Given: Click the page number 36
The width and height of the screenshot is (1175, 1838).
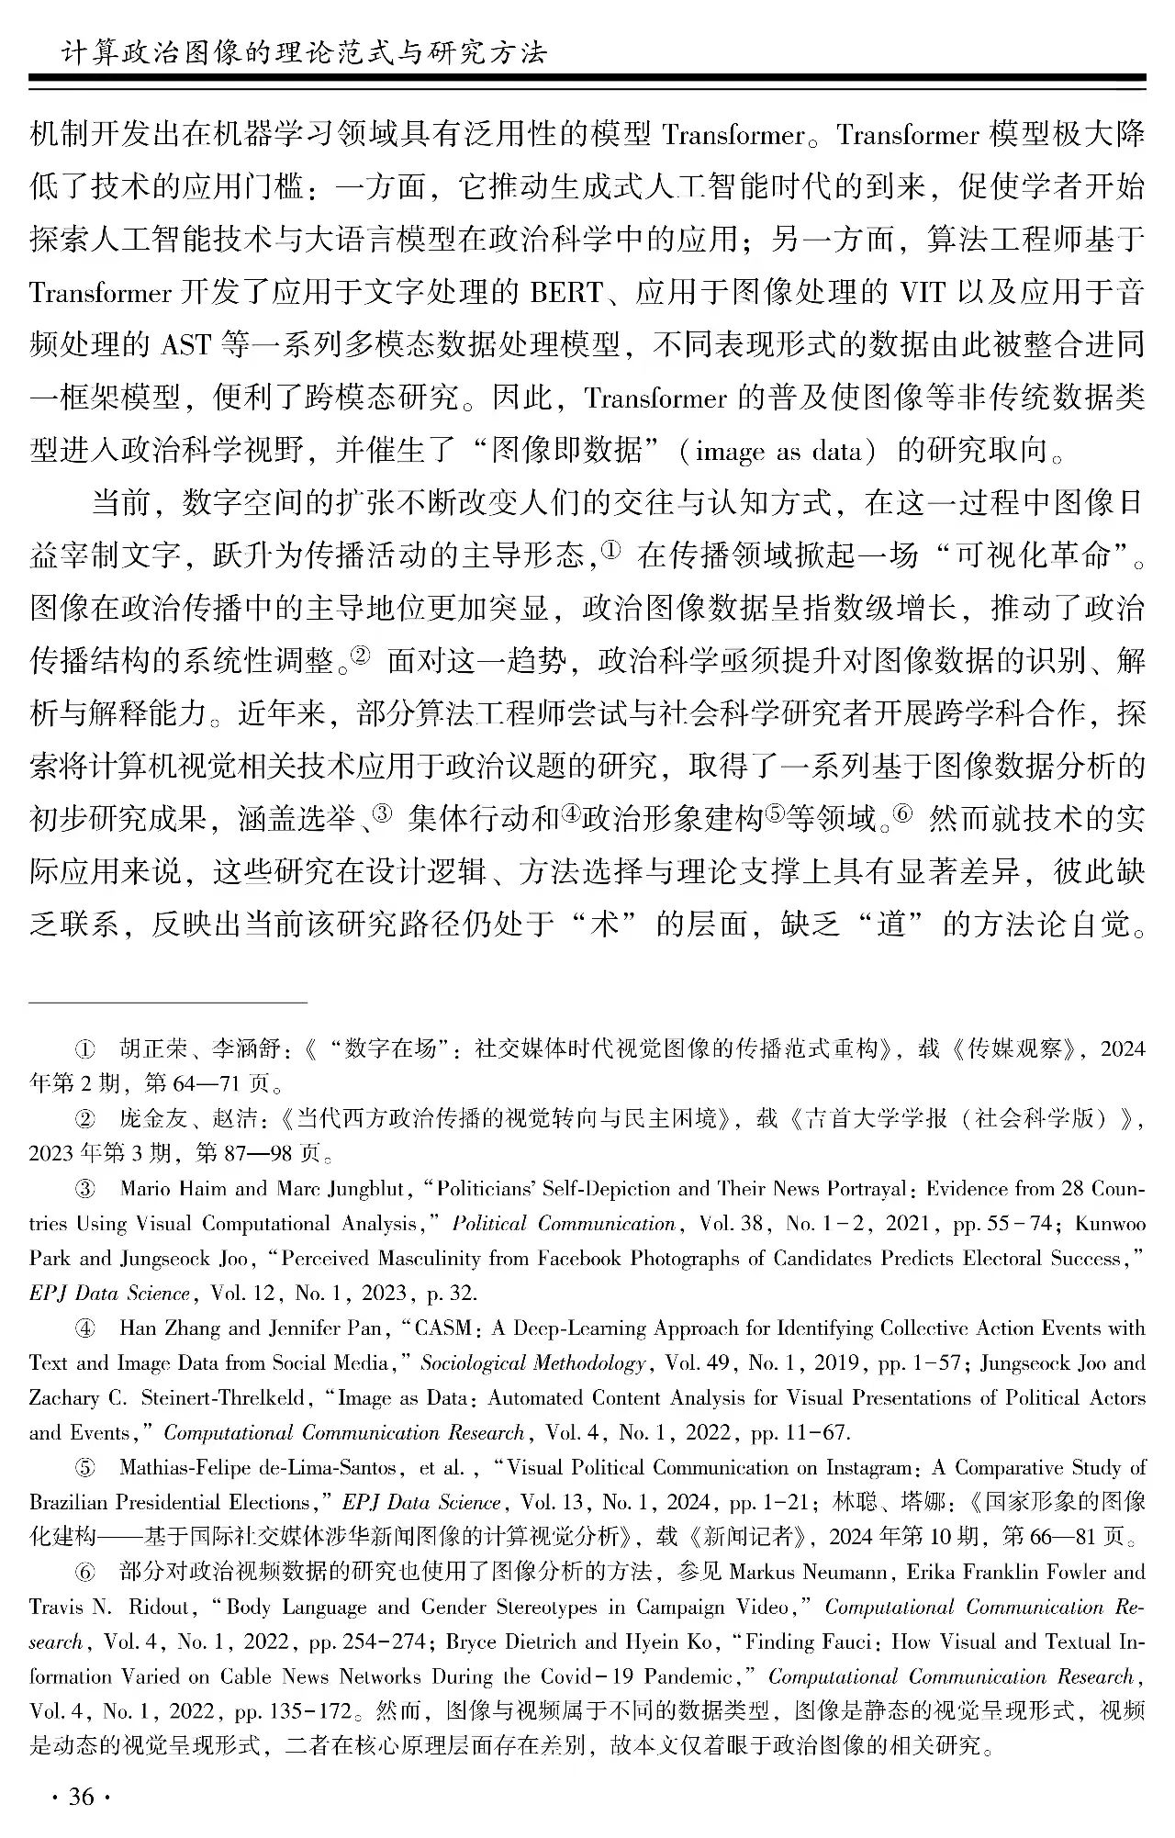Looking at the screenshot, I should tap(82, 1796).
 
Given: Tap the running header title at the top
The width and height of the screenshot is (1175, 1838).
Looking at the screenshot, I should tap(302, 51).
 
